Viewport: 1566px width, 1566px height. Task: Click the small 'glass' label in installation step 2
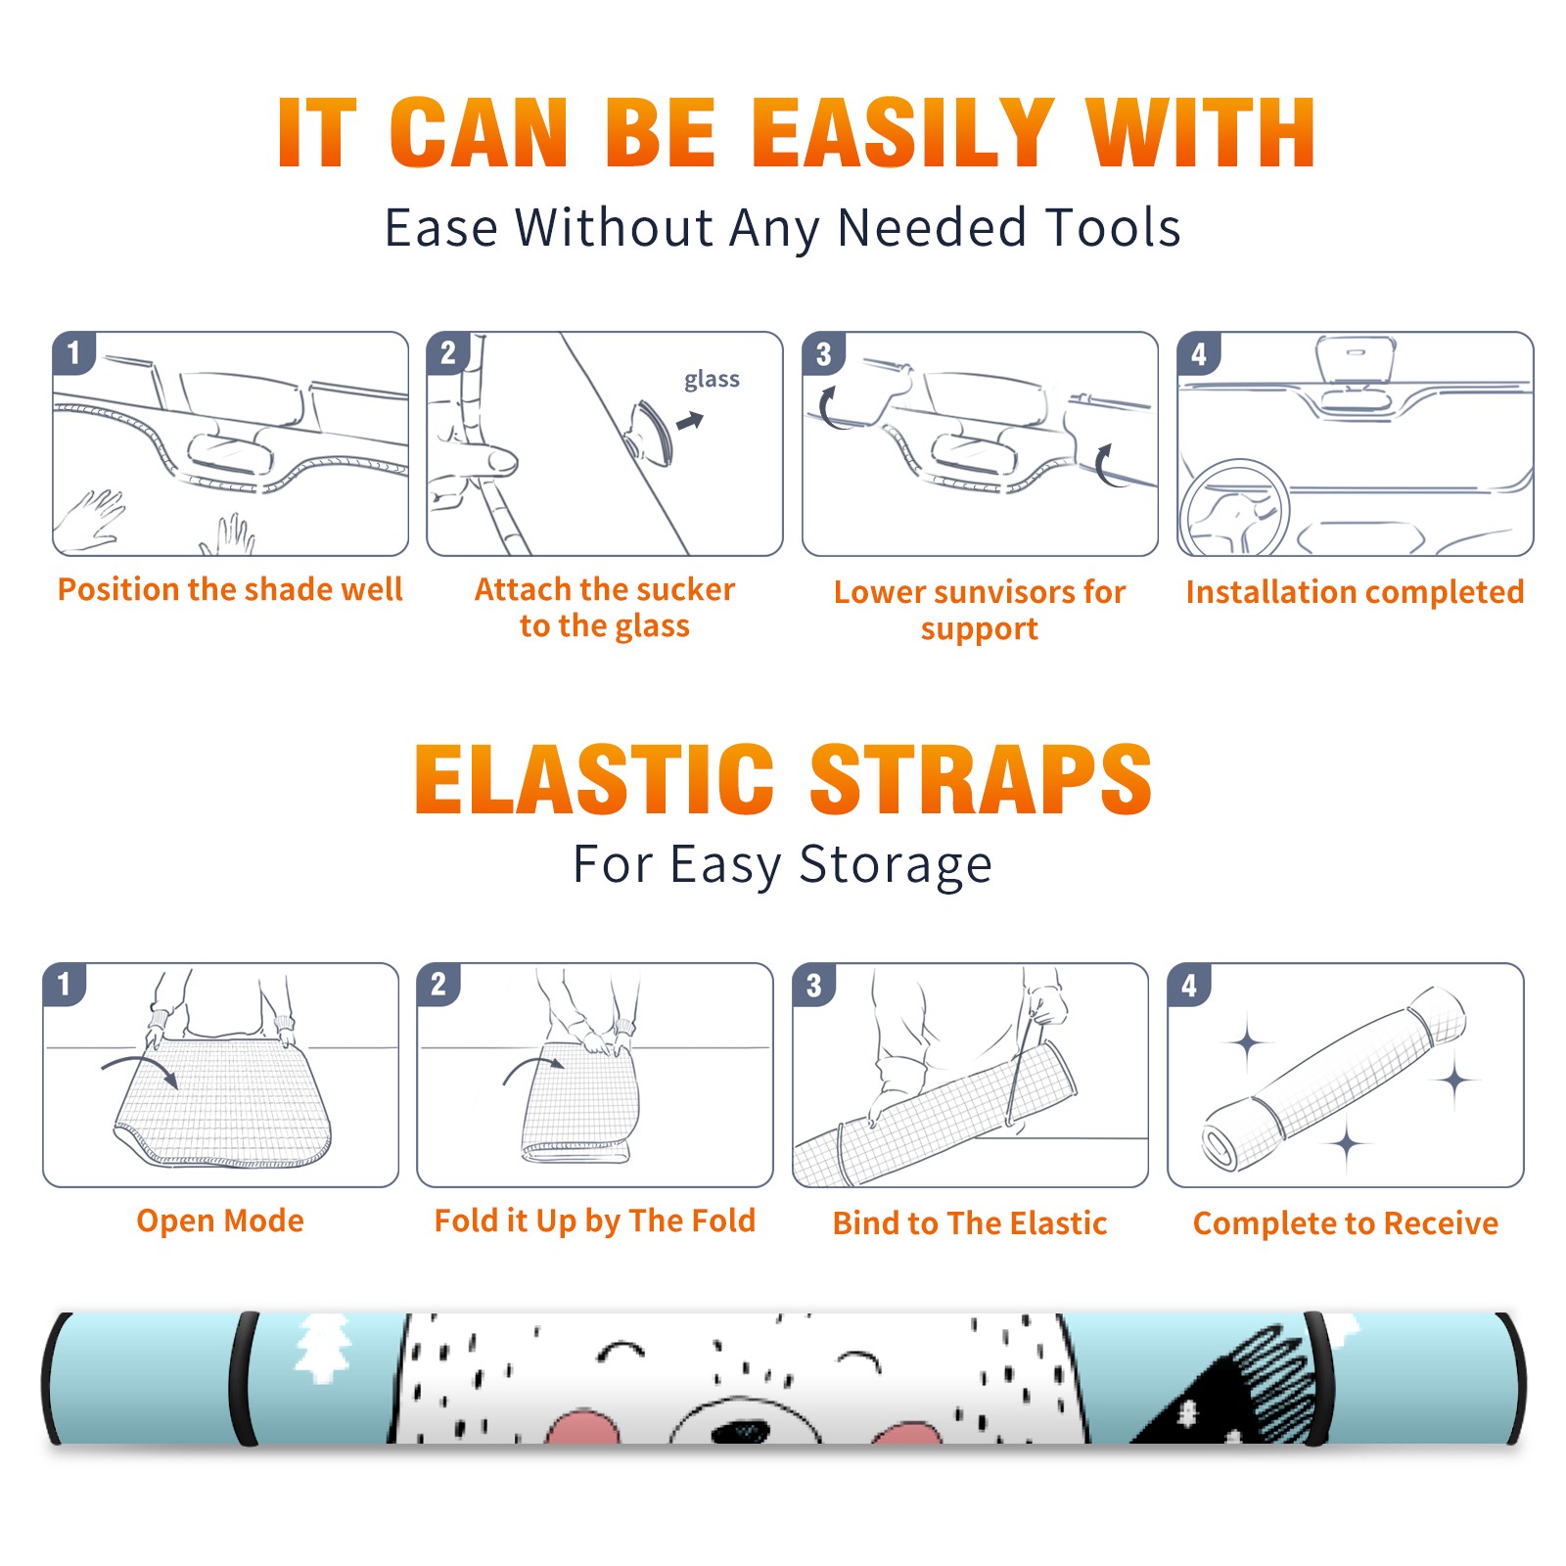(x=712, y=380)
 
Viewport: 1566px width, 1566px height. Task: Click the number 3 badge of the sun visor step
(x=824, y=354)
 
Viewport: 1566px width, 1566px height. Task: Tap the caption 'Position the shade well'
(x=230, y=589)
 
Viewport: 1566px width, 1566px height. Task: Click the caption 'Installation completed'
(x=1355, y=592)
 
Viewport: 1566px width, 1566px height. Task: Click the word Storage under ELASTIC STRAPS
(x=896, y=865)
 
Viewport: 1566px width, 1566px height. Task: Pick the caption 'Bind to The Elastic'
(x=970, y=1223)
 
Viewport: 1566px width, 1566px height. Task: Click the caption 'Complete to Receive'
(x=1346, y=1223)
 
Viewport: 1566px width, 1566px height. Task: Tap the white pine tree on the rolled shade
(x=322, y=1349)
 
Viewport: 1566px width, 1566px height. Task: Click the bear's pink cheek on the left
(x=583, y=1428)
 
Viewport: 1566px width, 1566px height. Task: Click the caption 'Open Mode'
(x=220, y=1221)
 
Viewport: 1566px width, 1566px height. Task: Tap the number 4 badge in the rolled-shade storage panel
(x=1189, y=985)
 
